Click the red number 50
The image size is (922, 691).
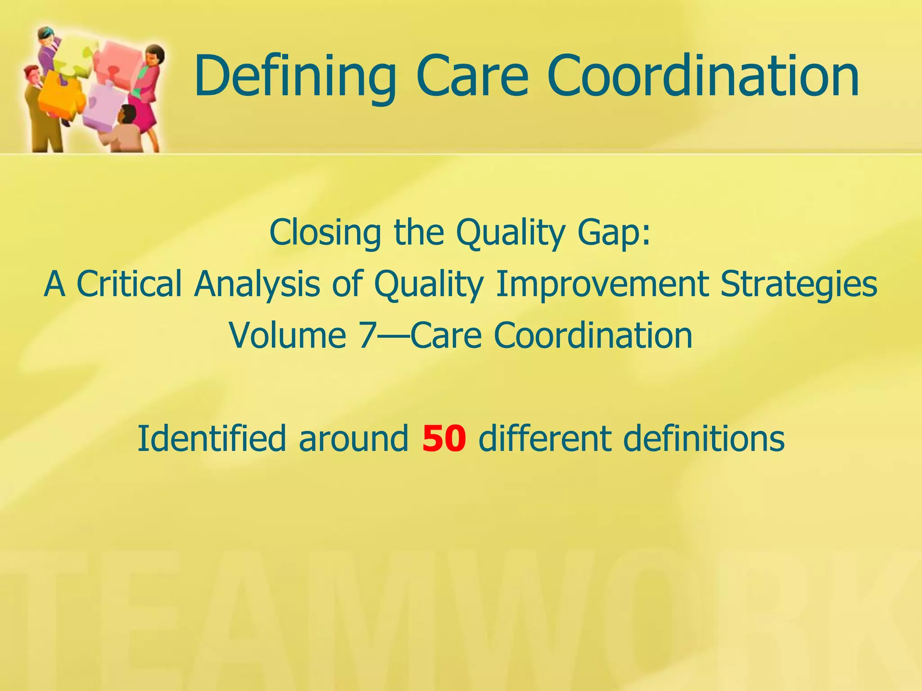[x=444, y=439]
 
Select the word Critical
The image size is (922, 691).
[x=129, y=284]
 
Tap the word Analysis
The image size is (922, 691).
[x=257, y=284]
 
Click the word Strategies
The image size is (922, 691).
[x=799, y=284]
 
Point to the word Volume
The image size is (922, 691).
[x=288, y=336]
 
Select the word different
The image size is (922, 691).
[x=544, y=439]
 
